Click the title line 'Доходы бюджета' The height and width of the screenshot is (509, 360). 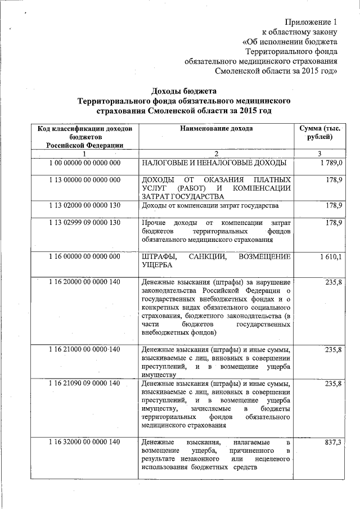(185, 91)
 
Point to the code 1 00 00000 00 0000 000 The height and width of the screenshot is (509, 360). (84, 163)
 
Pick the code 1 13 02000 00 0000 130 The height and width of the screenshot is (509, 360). (84, 206)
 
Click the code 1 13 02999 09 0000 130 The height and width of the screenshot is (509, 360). (84, 223)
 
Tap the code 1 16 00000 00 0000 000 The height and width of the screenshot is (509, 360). (84, 256)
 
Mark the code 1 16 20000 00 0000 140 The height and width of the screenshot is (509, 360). (84, 282)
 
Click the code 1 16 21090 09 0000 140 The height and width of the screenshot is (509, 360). (84, 383)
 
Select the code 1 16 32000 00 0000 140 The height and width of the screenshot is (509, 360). (84, 442)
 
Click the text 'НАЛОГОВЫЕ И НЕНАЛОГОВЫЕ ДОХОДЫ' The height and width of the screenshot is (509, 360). (214, 163)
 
